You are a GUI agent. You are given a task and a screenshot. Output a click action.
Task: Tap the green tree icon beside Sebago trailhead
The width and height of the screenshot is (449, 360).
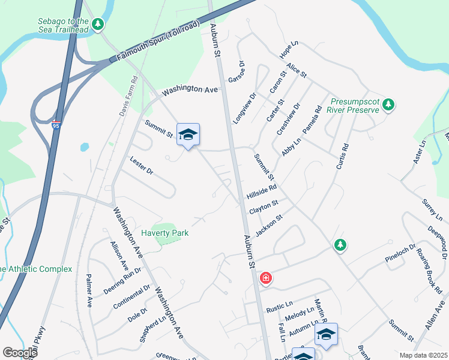(97, 25)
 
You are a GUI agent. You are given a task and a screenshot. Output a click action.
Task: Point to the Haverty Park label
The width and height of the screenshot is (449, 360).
(164, 233)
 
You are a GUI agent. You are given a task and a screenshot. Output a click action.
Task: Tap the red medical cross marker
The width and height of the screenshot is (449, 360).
(265, 278)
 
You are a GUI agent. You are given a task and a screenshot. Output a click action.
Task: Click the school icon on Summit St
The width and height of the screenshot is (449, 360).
(188, 136)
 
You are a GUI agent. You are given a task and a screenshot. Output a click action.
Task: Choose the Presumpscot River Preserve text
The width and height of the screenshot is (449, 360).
(353, 106)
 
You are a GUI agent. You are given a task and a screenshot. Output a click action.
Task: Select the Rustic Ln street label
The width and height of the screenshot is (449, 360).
(279, 310)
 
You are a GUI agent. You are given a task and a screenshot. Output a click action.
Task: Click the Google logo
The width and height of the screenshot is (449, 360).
(20, 353)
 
